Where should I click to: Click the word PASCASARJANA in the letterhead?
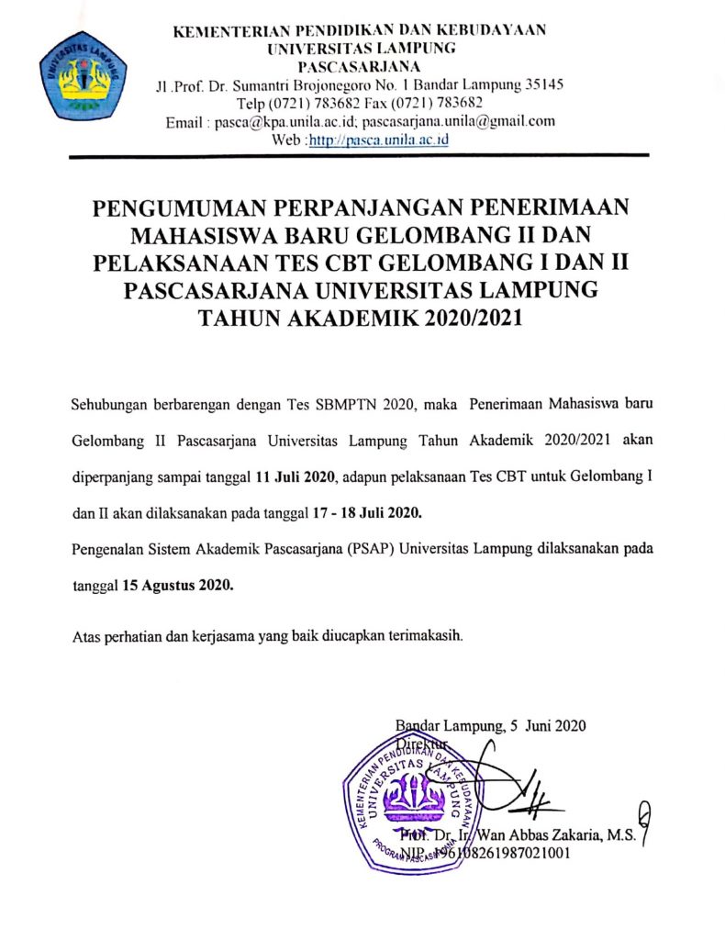coord(361,66)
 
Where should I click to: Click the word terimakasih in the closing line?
coord(432,635)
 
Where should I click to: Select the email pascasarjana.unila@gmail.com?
coord(459,121)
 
